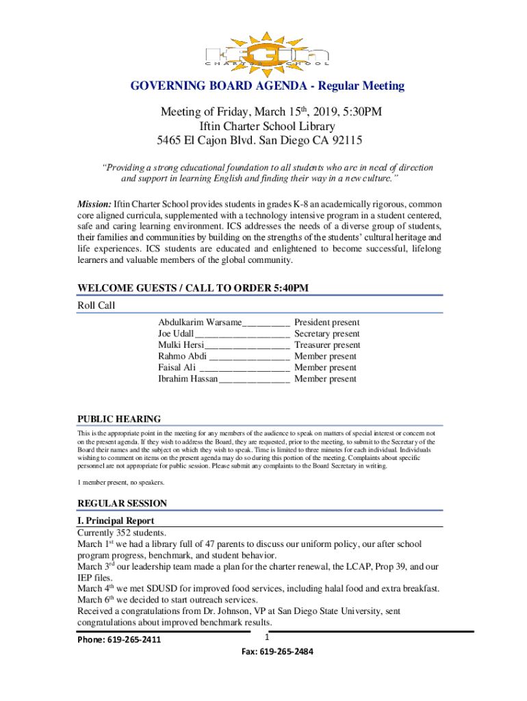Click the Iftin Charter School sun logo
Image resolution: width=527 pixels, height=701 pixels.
[x=268, y=50]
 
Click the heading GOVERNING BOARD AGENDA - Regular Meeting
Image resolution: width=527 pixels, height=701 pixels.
[x=268, y=86]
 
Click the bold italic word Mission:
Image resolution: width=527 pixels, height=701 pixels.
[x=94, y=204]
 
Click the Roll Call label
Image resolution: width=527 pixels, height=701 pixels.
[x=97, y=306]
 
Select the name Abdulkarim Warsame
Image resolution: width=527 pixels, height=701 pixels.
[x=200, y=322]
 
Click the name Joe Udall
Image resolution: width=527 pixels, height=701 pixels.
[x=176, y=334]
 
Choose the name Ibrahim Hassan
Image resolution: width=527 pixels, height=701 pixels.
[x=188, y=379]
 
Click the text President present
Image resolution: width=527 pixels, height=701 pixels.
[x=326, y=322]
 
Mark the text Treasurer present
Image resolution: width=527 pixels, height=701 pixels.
[x=327, y=345]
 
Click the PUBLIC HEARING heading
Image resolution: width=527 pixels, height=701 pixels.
[x=119, y=419]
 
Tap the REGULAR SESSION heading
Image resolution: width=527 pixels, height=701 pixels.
[x=122, y=503]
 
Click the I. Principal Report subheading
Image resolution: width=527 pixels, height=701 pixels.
[x=120, y=521]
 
